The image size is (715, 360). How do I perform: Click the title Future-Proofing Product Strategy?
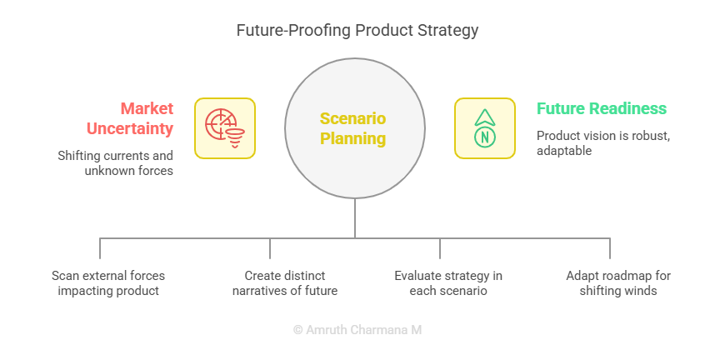tap(357, 31)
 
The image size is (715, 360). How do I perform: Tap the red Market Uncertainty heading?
tap(130, 118)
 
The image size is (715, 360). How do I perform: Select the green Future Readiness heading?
tap(602, 108)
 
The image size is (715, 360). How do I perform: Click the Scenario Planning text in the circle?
tap(353, 128)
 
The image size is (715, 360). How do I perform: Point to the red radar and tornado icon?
tap(225, 128)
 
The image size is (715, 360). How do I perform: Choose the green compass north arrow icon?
tap(485, 128)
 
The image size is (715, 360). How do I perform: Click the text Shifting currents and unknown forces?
tap(115, 162)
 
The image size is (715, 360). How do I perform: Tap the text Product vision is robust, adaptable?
tap(603, 143)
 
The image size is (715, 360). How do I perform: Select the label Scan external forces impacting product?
tap(108, 282)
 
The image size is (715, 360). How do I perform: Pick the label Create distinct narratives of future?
tap(285, 282)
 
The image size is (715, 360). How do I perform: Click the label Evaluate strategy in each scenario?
tap(448, 282)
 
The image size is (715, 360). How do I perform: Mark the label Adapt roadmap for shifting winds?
tap(618, 282)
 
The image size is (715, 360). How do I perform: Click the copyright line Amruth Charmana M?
tap(357, 330)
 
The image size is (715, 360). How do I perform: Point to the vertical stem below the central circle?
tap(355, 218)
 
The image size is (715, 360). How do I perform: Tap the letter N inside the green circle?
tap(485, 137)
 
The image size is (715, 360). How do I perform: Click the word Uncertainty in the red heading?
tap(130, 128)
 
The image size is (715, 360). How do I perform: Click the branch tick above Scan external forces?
tap(100, 248)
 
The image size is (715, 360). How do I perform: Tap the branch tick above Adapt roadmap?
tap(610, 248)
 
